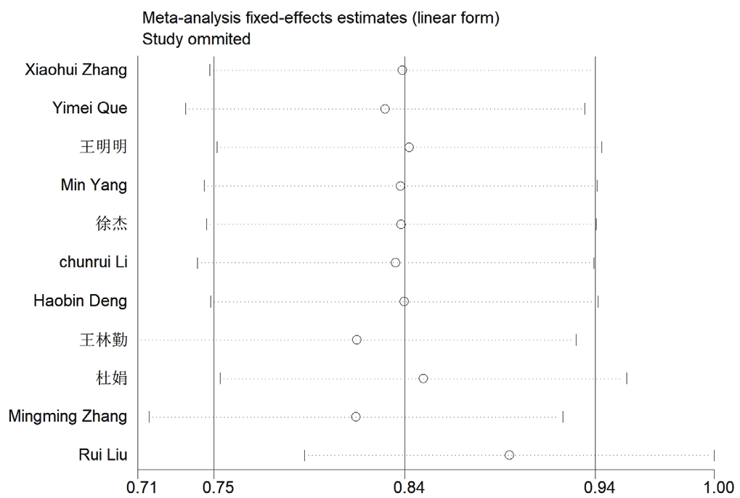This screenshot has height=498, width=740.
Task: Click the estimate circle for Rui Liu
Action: pyautogui.click(x=509, y=455)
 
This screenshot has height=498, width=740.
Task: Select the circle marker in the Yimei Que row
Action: pyautogui.click(x=385, y=109)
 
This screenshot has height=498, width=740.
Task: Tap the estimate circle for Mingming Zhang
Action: pyautogui.click(x=356, y=417)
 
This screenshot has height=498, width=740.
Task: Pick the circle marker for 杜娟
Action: pyautogui.click(x=423, y=378)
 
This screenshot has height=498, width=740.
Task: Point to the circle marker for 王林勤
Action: pyautogui.click(x=357, y=340)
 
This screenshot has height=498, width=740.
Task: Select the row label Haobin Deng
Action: pyautogui.click(x=80, y=301)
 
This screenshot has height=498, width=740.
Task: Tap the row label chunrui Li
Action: pyautogui.click(x=93, y=263)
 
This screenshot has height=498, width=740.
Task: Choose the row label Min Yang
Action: pyautogui.click(x=94, y=186)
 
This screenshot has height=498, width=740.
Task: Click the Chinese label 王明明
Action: pyautogui.click(x=103, y=147)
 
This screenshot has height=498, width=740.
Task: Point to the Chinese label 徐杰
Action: pyautogui.click(x=111, y=224)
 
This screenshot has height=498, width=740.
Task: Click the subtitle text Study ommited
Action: pyautogui.click(x=196, y=39)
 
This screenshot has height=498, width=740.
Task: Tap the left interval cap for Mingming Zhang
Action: pyautogui.click(x=149, y=417)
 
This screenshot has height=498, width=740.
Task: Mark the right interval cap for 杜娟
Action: pyautogui.click(x=627, y=378)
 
